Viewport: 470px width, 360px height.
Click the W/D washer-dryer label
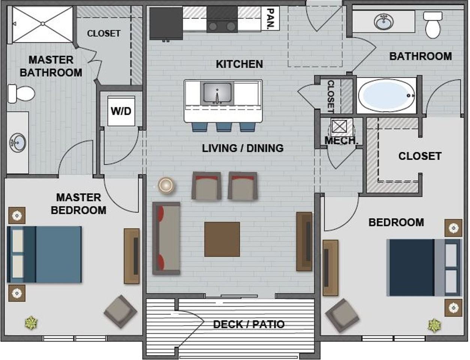(121, 111)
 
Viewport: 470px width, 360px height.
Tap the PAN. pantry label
(270, 19)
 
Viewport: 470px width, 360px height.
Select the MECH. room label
(341, 141)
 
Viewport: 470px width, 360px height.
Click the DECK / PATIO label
(249, 324)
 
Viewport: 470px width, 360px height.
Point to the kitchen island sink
(217, 93)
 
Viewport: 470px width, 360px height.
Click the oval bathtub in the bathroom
(386, 95)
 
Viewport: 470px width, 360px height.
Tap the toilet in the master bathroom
(21, 93)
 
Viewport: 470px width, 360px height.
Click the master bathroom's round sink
(18, 143)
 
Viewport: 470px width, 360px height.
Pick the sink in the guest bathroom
(383, 22)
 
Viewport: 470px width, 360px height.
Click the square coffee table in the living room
(222, 239)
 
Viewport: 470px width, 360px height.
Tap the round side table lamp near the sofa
(166, 185)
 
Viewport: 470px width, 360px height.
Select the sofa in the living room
(166, 238)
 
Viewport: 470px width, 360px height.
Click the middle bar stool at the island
(224, 127)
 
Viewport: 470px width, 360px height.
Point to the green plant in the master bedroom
(31, 323)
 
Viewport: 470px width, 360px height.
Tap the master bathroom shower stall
(43, 24)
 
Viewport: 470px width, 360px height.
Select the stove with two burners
(222, 19)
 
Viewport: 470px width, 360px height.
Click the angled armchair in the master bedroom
(120, 311)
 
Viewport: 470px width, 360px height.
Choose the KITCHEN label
(239, 64)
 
